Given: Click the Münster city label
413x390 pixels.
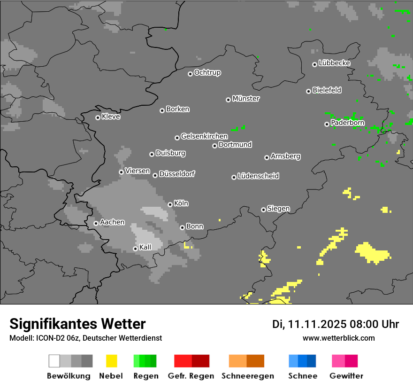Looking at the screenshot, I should tap(246, 99).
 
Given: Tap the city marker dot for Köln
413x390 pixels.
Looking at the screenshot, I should tap(170, 204).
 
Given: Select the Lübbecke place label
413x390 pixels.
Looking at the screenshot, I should tap(335, 63).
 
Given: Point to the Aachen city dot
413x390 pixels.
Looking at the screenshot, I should tap(96, 223).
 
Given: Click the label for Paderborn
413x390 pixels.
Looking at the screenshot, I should tap(348, 123).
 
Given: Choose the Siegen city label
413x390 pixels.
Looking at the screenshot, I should tap(279, 209).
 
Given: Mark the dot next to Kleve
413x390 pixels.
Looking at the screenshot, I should tap(98, 117).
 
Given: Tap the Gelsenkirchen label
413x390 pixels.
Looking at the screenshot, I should tap(205, 136).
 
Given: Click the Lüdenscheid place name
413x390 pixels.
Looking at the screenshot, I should tap(259, 176).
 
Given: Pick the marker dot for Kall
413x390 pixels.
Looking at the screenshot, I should tap(135, 249).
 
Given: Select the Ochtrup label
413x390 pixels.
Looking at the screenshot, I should tap(207, 72).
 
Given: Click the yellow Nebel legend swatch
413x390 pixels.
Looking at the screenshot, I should tap(111, 361).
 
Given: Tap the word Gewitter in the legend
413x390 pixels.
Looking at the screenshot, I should tap(346, 376).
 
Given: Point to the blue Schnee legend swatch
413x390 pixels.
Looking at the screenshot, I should tap(302, 361).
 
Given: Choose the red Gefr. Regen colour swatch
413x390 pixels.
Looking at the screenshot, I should tap(191, 361).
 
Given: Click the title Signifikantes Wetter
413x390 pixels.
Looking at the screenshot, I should tap(77, 324).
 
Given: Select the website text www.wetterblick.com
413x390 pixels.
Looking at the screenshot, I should tap(338, 338).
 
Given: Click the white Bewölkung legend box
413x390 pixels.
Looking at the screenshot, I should tap(54, 361).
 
